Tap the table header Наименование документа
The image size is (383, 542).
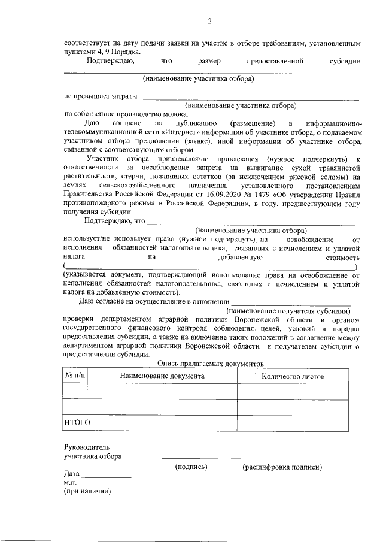pyautogui.click(x=162, y=376)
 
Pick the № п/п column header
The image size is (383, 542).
pyautogui.click(x=75, y=376)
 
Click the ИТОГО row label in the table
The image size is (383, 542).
pyautogui.click(x=77, y=423)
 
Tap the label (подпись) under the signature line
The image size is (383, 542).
pyautogui.click(x=190, y=466)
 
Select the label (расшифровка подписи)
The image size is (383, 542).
pyautogui.click(x=282, y=466)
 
